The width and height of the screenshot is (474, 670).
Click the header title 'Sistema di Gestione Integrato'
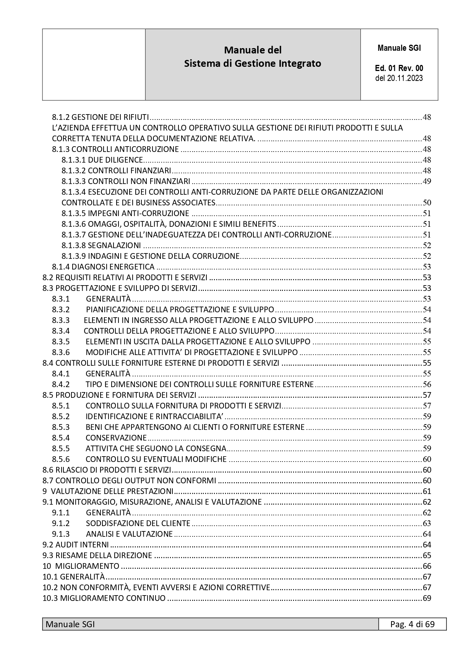252,63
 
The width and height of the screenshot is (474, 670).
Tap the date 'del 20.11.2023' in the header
399,78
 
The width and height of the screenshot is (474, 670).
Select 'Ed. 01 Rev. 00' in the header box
399,68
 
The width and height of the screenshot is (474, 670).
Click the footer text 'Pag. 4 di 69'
412,624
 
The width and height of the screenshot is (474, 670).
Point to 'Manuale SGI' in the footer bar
70,624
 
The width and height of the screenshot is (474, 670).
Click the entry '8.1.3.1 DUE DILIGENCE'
102,160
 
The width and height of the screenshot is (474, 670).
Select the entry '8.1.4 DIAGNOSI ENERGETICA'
103,267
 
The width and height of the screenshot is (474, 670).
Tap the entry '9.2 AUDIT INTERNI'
76,545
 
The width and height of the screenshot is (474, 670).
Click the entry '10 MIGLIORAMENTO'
81,566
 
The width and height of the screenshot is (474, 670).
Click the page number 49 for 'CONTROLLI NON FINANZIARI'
427,181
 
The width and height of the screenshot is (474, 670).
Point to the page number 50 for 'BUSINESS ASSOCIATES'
427,203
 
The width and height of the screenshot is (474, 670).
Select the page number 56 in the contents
427,384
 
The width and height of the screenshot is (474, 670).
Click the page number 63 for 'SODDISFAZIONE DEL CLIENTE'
427,523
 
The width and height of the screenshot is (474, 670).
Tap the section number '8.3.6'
61,352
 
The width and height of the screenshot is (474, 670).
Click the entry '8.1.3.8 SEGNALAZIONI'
101,245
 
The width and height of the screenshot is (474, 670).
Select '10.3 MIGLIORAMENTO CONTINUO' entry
104,598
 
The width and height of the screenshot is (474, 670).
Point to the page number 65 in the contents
427,555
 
